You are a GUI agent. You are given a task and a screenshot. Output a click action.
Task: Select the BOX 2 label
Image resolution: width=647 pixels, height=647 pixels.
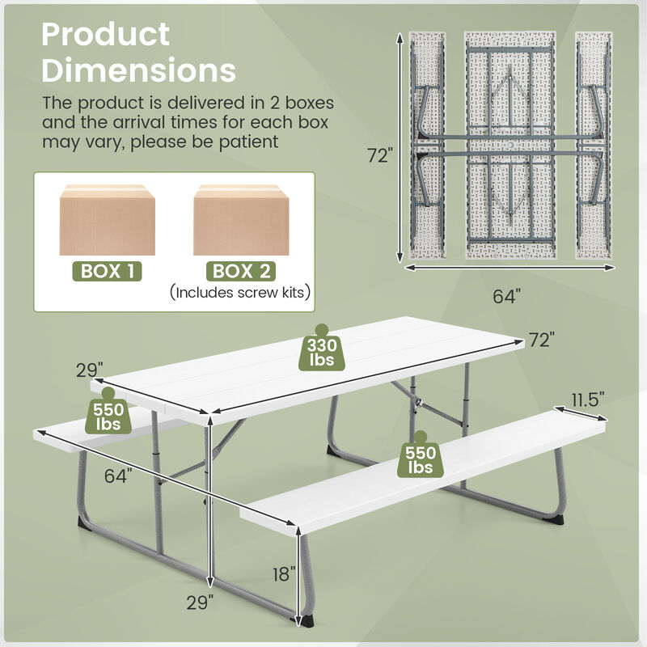point(242,271)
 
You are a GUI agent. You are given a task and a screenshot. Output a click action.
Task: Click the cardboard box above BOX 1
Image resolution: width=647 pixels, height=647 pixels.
point(108,220)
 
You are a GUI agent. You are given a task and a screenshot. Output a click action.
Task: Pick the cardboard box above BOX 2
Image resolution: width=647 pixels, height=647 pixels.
point(241,220)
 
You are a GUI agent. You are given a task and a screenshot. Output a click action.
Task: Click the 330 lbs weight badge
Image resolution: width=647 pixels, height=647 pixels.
point(322,352)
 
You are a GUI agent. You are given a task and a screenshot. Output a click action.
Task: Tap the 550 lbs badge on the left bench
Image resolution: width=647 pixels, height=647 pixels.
point(108,413)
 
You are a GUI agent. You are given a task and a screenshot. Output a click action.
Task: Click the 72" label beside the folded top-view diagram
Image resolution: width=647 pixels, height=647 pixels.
point(379,156)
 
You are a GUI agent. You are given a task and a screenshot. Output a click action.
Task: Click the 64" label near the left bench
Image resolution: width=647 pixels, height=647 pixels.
point(118,476)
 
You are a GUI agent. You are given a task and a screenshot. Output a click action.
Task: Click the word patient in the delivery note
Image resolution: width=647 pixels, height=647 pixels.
point(242,142)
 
